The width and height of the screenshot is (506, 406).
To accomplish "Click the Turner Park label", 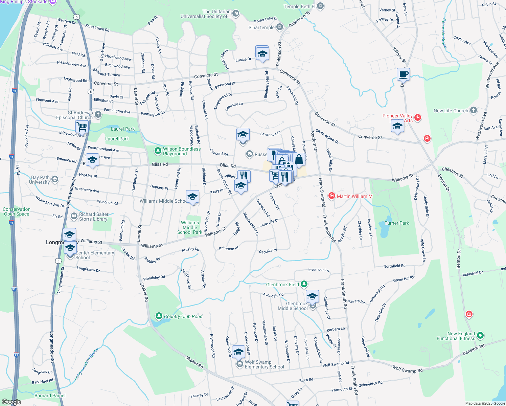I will coord(397,223).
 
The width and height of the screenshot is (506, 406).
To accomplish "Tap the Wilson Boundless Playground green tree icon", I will coord(158,151).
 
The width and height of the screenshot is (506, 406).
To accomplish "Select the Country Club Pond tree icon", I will coord(159,316).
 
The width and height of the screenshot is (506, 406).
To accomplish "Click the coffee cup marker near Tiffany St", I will coord(403,74).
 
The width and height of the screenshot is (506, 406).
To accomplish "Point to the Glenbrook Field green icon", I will coord(304,284).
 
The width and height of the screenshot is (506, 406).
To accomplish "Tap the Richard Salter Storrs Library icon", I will coord(74,216).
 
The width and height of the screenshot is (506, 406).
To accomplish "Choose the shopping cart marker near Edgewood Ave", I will coord(82,127).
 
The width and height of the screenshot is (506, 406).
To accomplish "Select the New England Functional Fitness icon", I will coord(480,336).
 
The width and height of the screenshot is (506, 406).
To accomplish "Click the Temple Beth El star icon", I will coord(320,6).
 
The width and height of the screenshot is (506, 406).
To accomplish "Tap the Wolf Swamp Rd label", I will coord(407,369).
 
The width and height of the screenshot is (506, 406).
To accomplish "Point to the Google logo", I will coord(11,402).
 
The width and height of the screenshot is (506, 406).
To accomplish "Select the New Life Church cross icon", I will coord(474,110).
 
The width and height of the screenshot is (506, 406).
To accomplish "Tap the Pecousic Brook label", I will coord(444,33).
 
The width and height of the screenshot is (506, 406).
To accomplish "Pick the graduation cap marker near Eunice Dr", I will coord(262,53).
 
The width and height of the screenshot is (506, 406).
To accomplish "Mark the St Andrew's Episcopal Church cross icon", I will coord(98,114).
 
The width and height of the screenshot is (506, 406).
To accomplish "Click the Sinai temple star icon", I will coord(280,27).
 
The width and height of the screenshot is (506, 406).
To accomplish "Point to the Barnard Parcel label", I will coord(50,396).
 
